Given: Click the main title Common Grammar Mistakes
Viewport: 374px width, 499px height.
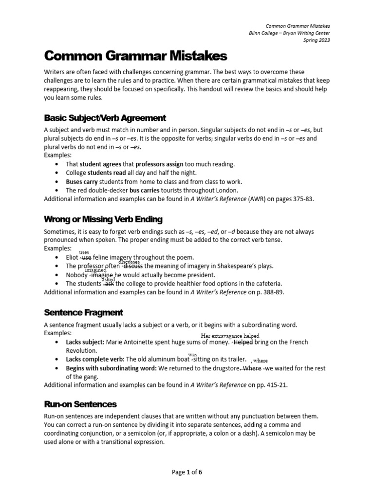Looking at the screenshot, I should [x=135, y=57].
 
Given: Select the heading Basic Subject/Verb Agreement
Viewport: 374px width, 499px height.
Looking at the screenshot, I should [x=105, y=118].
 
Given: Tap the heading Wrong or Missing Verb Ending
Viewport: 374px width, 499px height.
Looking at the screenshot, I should [x=103, y=219].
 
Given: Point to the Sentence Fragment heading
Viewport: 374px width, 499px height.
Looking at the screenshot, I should [x=83, y=312].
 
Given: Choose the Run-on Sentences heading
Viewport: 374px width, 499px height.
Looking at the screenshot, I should [x=80, y=404].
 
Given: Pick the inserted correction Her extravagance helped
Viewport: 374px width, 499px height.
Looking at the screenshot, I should [x=230, y=336].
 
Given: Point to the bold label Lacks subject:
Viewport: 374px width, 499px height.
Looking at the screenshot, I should [x=85, y=342].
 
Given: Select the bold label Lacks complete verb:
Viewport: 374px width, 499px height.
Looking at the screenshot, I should [x=94, y=359].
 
